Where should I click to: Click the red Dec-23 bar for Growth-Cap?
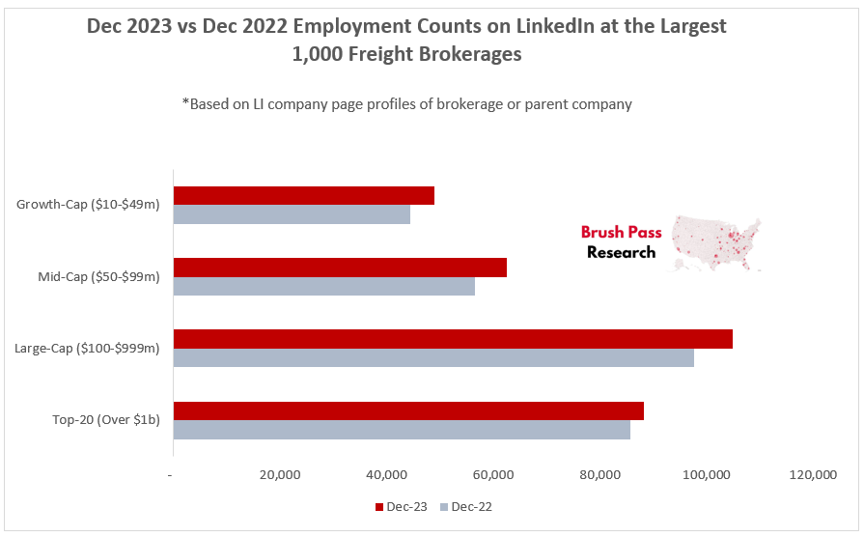point(303,196)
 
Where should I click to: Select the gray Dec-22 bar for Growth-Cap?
point(292,214)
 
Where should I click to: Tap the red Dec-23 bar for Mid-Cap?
point(340,268)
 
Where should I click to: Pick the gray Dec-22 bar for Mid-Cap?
point(323,286)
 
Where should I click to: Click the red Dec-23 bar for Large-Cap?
point(453,339)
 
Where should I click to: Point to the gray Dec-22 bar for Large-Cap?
point(433,357)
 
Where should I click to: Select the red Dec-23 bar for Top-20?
point(408,410)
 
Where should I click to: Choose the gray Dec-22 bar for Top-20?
point(402,429)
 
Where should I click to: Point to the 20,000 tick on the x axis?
point(280,475)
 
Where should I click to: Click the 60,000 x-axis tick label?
point(493,475)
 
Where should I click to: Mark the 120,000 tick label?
point(814,475)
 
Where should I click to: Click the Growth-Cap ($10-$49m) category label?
point(88,205)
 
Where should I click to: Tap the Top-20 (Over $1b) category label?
point(106,419)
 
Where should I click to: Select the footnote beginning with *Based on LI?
point(406,104)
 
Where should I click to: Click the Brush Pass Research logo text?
point(621,242)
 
